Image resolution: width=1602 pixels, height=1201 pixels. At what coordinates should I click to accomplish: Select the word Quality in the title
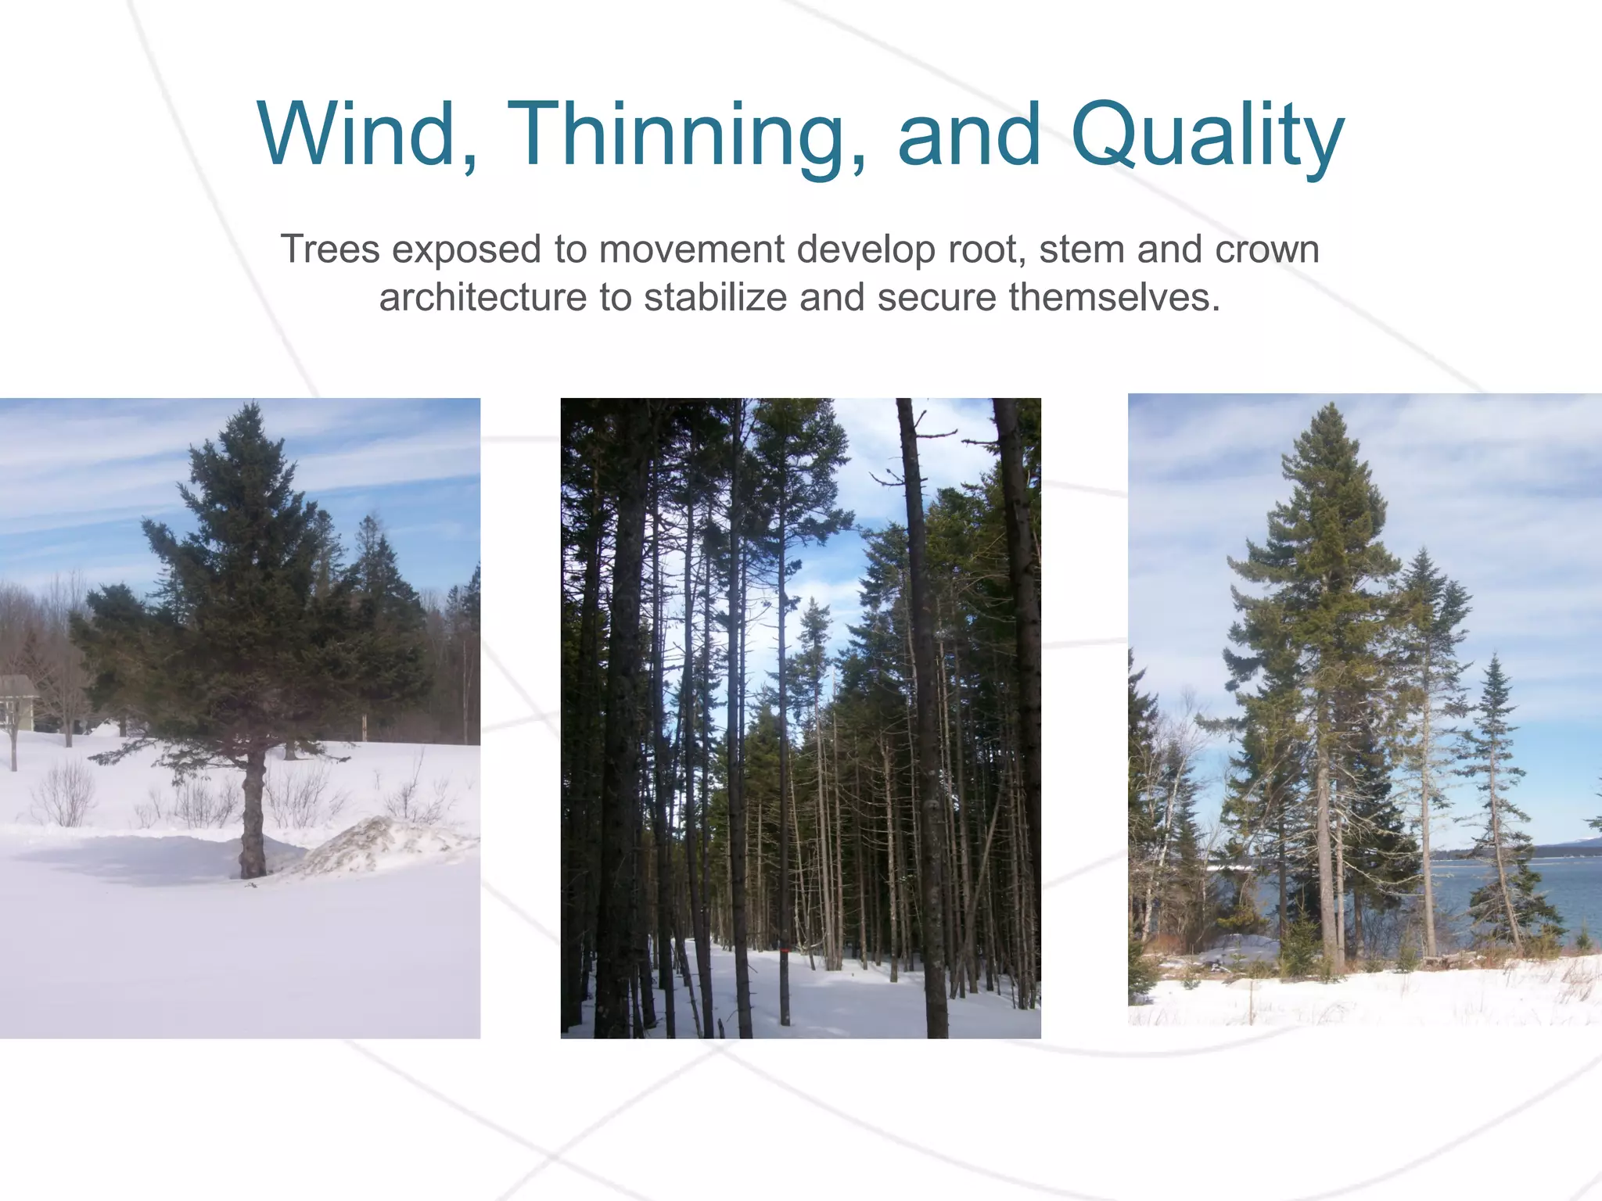point(1208,134)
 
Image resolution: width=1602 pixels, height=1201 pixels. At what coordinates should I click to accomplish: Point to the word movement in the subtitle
point(691,249)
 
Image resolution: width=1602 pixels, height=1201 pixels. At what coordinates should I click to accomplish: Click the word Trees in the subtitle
point(330,249)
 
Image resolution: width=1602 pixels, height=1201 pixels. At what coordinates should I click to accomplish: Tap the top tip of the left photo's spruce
point(250,407)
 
